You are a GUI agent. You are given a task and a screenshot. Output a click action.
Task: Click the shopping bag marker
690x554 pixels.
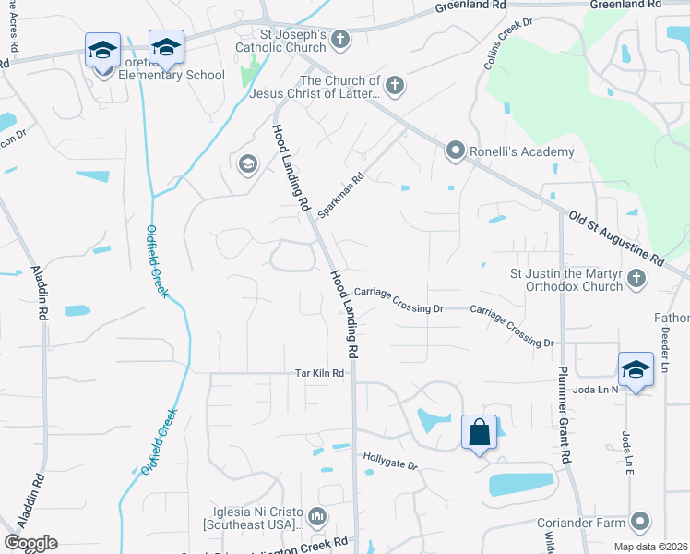[479, 432]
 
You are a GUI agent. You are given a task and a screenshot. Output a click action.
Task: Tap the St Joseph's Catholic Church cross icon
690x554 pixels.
[340, 39]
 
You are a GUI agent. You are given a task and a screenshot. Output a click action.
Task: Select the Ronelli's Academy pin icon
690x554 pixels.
[455, 151]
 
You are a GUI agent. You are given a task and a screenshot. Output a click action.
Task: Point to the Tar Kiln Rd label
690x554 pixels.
[319, 373]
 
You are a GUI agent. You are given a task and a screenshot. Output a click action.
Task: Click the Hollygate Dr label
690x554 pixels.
[390, 461]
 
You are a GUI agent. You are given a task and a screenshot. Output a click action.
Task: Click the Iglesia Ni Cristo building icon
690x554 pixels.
[318, 514]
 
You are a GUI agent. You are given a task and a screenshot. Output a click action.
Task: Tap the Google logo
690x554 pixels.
[30, 543]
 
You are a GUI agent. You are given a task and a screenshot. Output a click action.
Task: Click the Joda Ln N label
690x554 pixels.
[601, 389]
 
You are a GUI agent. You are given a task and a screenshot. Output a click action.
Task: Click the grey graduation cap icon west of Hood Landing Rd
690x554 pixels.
[247, 164]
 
